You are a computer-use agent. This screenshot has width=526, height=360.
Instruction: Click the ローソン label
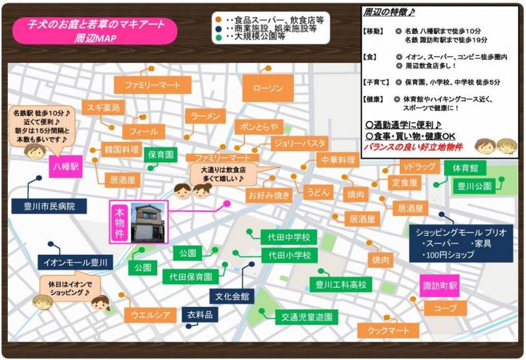[x=267, y=88]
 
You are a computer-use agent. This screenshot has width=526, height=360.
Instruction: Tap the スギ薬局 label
[x=102, y=107]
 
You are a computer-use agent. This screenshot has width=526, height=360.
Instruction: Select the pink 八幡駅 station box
[x=65, y=167]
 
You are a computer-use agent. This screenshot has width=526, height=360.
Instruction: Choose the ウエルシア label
[x=150, y=315]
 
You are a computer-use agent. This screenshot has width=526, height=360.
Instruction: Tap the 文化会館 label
[x=231, y=296]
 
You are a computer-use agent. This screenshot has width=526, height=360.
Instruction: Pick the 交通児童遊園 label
[x=306, y=317]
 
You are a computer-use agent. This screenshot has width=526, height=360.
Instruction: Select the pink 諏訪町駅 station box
[x=439, y=286]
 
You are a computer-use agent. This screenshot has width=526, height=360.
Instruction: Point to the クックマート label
[x=389, y=330]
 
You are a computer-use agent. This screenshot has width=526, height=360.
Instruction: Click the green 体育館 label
[x=464, y=168]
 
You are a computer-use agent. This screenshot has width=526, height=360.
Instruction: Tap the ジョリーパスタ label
[x=299, y=143]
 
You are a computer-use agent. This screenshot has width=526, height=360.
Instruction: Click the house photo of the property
[x=149, y=223]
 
